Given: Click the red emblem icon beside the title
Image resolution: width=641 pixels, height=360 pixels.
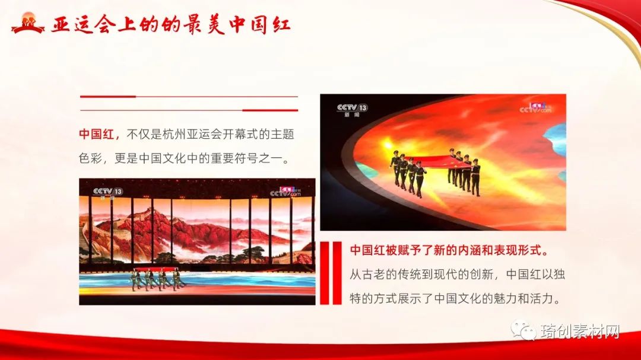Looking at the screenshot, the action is pyautogui.click(x=27, y=23).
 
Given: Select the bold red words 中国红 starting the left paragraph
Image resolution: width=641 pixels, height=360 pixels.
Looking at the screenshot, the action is pyautogui.click(x=97, y=134).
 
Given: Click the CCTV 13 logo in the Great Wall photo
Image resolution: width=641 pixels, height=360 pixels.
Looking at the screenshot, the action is pyautogui.click(x=107, y=192).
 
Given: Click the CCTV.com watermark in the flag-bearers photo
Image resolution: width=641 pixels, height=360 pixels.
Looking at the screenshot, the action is pyautogui.click(x=535, y=108).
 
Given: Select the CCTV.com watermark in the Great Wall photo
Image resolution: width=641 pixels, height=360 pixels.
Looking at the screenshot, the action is pyautogui.click(x=285, y=191).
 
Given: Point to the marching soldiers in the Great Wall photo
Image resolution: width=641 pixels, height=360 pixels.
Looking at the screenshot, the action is pyautogui.click(x=157, y=279).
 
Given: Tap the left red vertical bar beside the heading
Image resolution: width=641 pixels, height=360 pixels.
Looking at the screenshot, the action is pyautogui.click(x=325, y=273).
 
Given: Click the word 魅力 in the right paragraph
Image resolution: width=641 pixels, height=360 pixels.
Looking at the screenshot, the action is pyautogui.click(x=505, y=298).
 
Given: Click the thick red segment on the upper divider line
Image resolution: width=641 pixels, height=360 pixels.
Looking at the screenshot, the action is pyautogui.click(x=108, y=97).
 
